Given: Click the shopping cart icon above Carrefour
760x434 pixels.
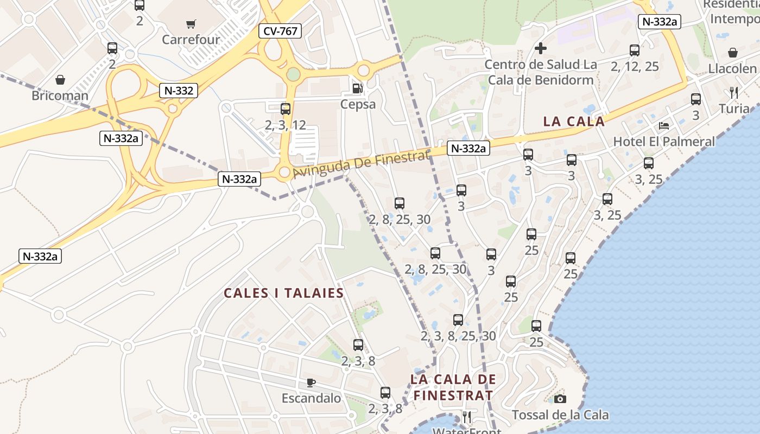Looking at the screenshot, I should tap(191, 24).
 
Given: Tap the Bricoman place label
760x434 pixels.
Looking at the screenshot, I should tap(60, 96).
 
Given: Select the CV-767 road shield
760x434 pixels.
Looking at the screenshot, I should tap(280, 31).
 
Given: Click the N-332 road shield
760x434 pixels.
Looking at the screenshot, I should tap(178, 91).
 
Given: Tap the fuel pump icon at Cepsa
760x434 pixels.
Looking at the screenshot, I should tap(357, 87).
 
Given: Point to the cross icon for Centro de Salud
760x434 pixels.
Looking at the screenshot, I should tap(540, 48).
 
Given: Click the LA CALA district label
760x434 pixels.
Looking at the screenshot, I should tap(574, 122).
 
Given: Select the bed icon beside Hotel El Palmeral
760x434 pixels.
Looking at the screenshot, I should tap(663, 126).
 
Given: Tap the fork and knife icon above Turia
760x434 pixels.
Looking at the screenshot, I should tap(734, 92).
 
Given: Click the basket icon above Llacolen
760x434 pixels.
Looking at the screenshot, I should tap(732, 53).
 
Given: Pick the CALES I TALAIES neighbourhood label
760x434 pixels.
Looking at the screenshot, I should tap(284, 293).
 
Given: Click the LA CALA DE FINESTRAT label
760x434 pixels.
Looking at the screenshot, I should tap(453, 387).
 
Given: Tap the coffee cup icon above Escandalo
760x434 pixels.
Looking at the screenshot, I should tap(311, 382).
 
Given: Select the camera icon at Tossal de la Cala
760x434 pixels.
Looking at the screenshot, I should tap(560, 399).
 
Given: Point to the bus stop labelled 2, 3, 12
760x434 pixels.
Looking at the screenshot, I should tap(286, 109).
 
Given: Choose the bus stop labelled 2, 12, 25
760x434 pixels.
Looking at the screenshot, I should tap(635, 50).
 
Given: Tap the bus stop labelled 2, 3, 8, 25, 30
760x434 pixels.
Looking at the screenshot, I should tap(458, 320).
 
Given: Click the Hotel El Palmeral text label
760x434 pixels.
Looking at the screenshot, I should tap(663, 142).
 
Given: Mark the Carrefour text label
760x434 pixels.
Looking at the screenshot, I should tap(191, 40).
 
